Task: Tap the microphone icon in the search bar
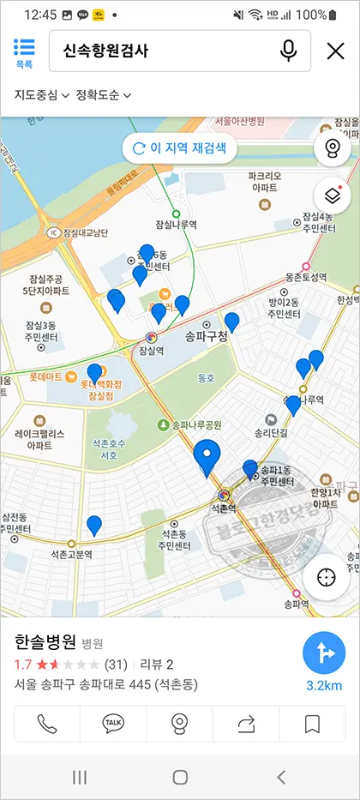point(288,51)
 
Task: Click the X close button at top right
point(335,51)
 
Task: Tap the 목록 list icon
point(24,51)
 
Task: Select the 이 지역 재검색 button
point(179,147)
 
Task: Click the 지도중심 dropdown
point(41,94)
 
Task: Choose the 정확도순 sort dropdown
point(104,94)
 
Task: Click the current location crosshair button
point(327,576)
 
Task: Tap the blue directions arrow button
point(324,655)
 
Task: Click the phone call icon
point(46,725)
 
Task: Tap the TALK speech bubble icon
point(113,725)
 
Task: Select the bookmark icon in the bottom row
point(313,725)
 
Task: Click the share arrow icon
point(247,725)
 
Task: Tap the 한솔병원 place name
point(45,642)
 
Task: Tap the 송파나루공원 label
point(195,424)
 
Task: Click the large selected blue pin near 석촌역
point(207,457)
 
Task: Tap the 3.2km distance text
point(324,685)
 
